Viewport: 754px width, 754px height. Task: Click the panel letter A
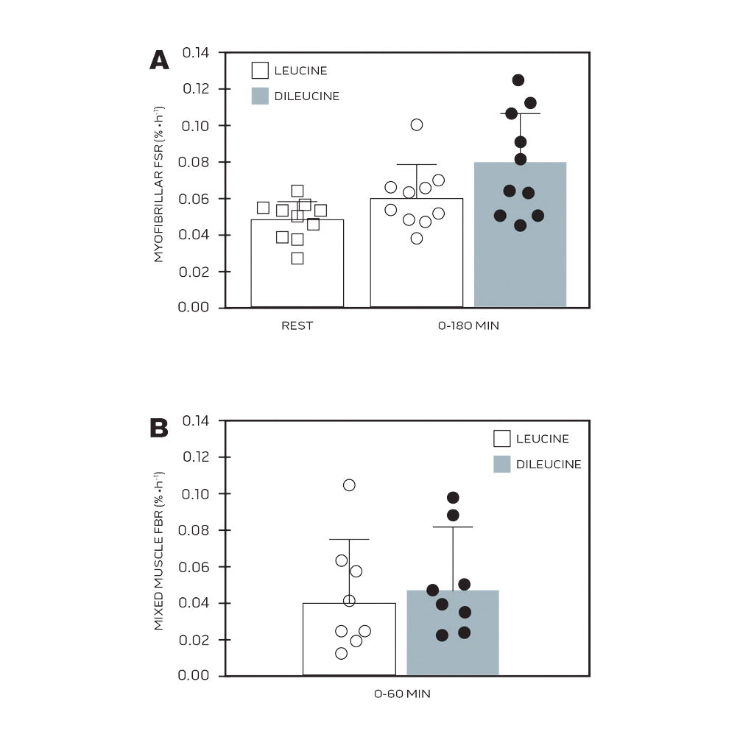(159, 60)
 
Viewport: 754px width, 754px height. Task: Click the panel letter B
(159, 428)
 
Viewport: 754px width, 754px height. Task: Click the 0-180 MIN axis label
(468, 325)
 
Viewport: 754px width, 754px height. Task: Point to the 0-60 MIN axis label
(402, 694)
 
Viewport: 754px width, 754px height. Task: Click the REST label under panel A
(297, 325)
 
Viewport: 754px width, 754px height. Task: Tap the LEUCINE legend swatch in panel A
(260, 71)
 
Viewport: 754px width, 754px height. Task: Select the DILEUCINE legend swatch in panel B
(502, 464)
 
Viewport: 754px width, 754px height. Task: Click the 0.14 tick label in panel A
(195, 53)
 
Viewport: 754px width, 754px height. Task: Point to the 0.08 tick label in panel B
(195, 530)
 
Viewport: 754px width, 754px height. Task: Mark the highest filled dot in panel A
(518, 80)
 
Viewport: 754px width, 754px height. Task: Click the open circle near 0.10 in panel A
(417, 124)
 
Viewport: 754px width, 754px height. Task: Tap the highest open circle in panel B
(349, 485)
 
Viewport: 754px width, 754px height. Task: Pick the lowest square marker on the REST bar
(297, 258)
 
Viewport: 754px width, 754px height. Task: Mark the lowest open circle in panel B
(341, 653)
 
